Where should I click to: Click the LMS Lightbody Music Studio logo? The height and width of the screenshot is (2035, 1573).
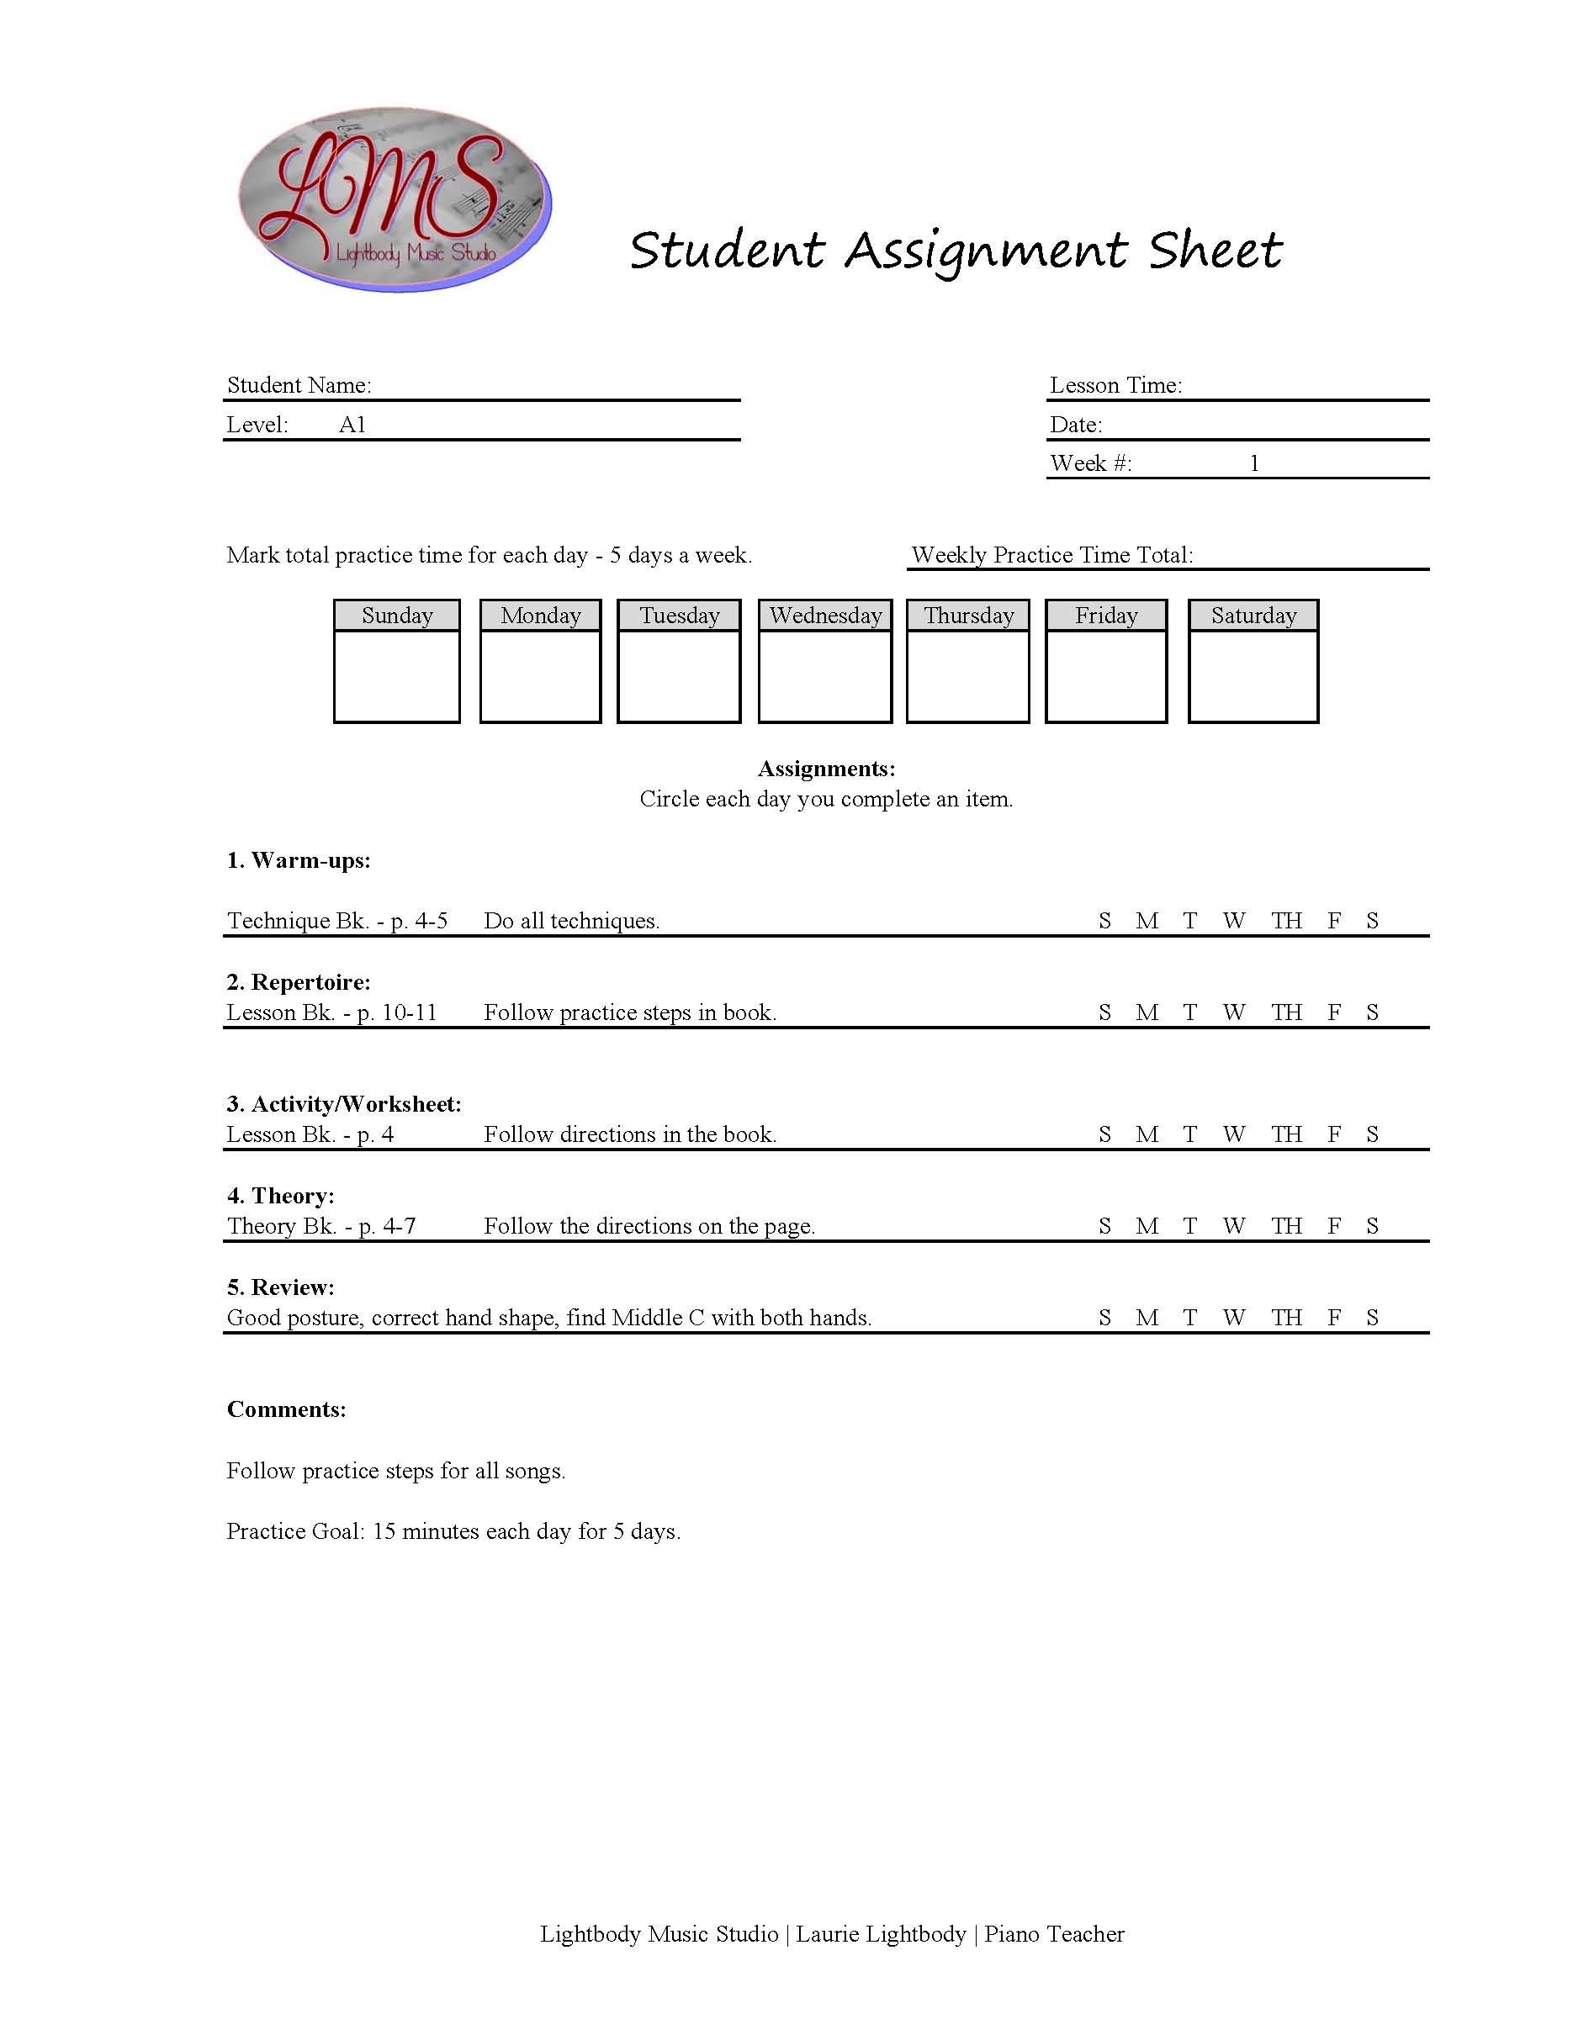395,198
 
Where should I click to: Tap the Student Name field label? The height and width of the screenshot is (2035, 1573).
299,385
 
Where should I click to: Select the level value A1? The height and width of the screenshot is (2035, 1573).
352,425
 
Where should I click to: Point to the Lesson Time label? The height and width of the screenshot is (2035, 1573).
1115,385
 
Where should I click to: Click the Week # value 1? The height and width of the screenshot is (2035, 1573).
1254,463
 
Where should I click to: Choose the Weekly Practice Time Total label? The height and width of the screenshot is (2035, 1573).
1052,555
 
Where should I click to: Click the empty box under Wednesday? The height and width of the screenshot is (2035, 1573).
824,675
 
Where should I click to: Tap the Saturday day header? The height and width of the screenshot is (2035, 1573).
1253,616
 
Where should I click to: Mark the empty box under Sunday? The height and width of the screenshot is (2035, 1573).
397,675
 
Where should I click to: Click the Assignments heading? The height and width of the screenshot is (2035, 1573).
826,769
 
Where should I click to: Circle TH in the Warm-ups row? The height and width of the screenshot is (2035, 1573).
1286,921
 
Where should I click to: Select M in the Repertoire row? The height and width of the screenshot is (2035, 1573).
1147,1012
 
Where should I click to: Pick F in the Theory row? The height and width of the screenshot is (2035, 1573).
1334,1226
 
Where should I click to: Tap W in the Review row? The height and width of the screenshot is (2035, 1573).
1234,1318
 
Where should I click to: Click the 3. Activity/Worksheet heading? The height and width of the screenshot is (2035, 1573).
344,1104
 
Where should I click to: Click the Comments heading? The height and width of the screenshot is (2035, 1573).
286,1409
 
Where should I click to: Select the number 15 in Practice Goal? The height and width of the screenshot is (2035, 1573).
384,1531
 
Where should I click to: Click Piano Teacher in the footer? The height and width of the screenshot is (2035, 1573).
1054,1933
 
